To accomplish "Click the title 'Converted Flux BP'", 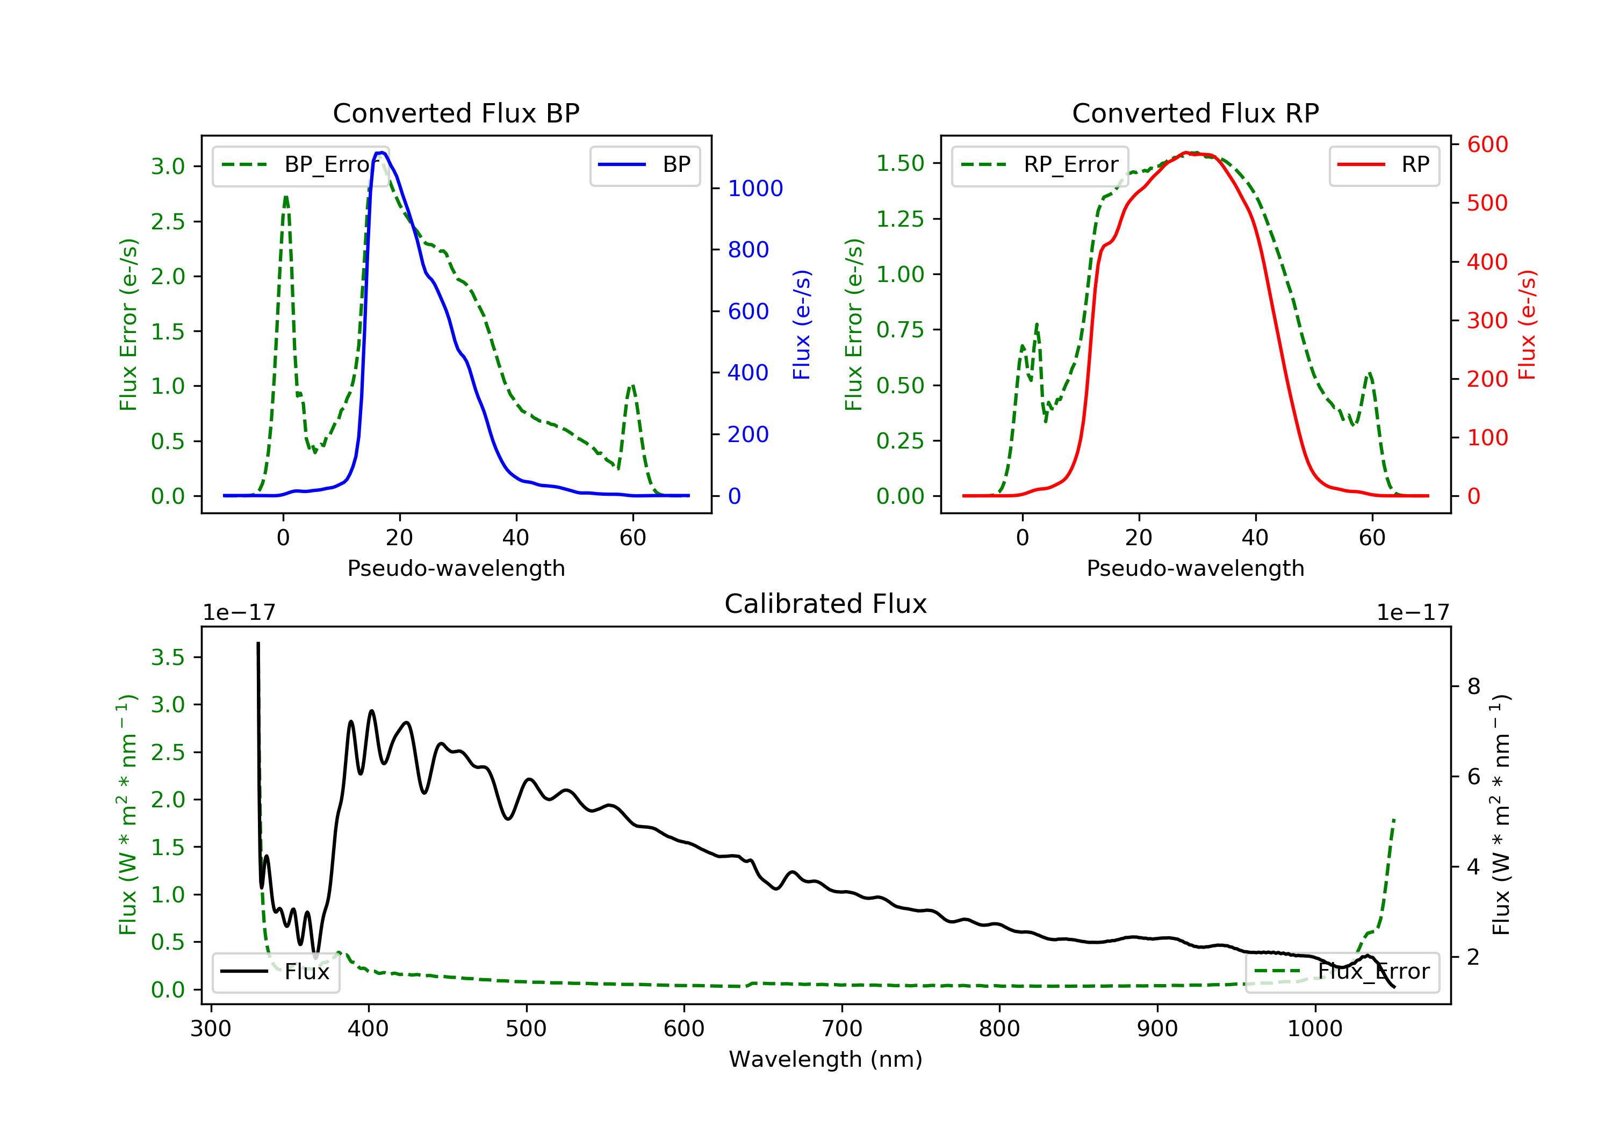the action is [x=456, y=113].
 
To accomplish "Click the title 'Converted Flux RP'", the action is [x=1195, y=113].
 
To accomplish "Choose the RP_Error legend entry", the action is [x=1039, y=165].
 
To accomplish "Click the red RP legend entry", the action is [x=1383, y=165].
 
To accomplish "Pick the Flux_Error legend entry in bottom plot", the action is [x=1342, y=972].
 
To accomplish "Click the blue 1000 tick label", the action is [x=755, y=188].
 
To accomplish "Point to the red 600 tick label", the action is [x=1487, y=144].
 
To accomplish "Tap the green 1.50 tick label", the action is [x=900, y=163].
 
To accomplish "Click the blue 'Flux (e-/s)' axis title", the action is [x=802, y=324].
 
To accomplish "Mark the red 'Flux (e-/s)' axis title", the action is [x=1527, y=324].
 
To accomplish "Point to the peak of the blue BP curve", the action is [x=380, y=153].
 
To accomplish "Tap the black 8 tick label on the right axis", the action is [x=1474, y=686].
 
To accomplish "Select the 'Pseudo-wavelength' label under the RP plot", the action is [x=1195, y=568].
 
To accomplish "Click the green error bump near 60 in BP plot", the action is [x=632, y=386].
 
